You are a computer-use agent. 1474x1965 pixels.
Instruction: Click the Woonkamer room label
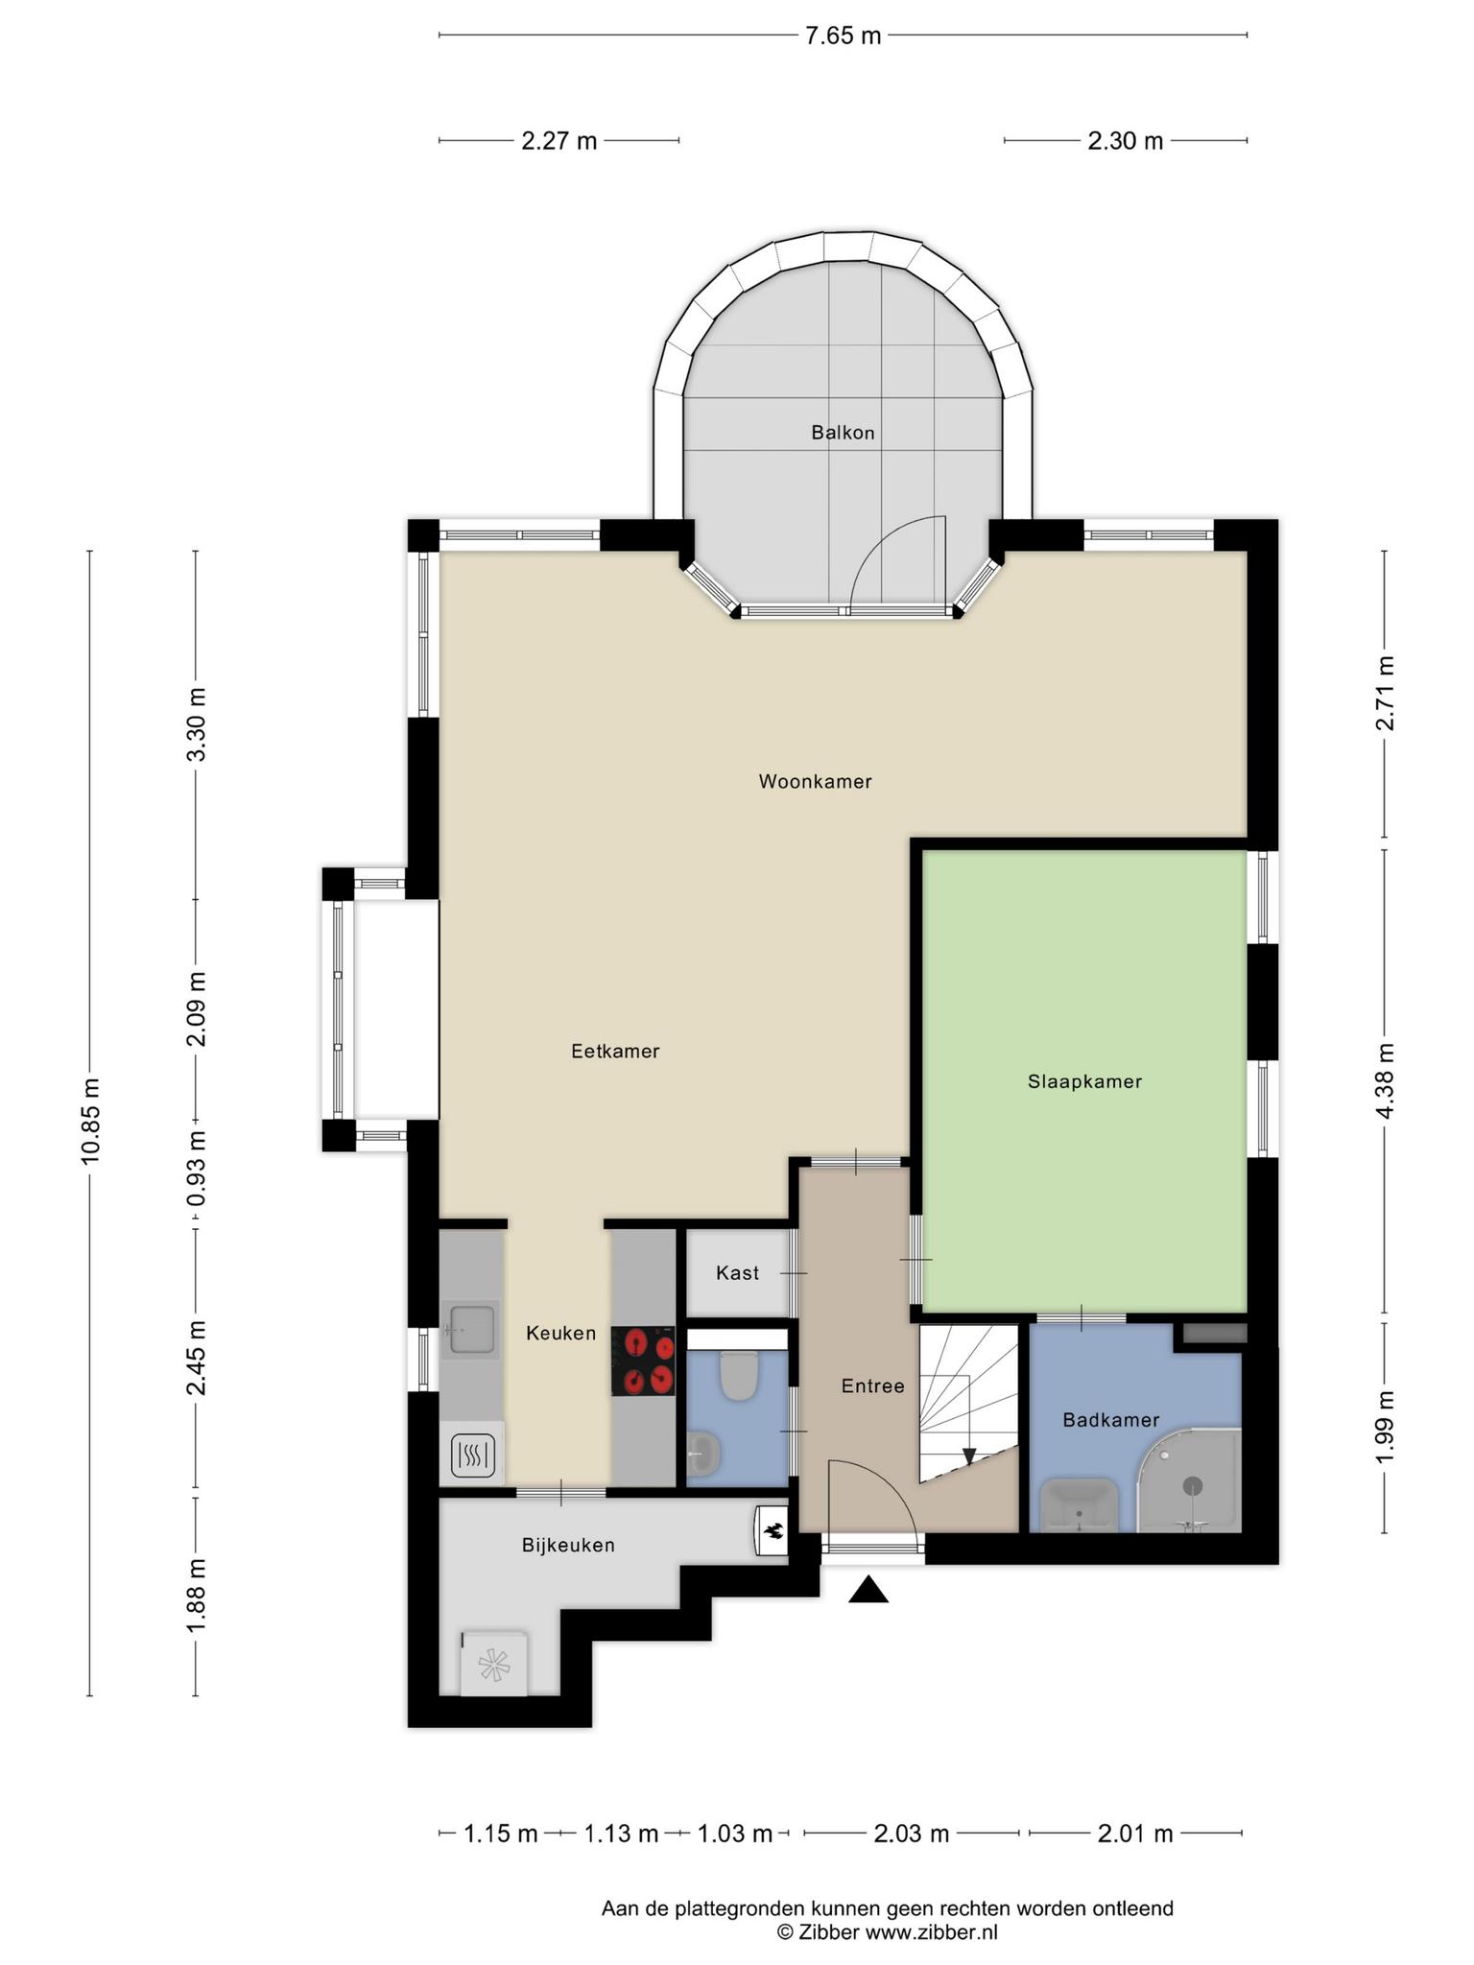(x=815, y=782)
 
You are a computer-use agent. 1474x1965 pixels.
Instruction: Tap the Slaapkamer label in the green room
(x=1084, y=1082)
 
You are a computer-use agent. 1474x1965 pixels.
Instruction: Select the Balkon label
(x=843, y=433)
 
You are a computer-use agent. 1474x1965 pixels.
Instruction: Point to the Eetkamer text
(x=615, y=1052)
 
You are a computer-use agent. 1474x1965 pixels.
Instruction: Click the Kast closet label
(x=737, y=1273)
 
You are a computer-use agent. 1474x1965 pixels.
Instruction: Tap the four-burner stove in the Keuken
(x=643, y=1361)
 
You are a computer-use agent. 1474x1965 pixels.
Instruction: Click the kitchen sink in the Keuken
(x=470, y=1330)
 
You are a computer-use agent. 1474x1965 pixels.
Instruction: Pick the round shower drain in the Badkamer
(x=1193, y=1486)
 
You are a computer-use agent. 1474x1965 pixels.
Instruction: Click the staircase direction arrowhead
(x=969, y=1456)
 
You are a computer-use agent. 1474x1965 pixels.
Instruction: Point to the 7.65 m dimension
(x=843, y=36)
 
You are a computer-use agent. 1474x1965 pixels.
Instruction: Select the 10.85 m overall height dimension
(x=90, y=1121)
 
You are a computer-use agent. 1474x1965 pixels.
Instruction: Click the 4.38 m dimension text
(x=1384, y=1080)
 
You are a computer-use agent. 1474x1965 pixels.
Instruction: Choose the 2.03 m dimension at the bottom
(x=911, y=1835)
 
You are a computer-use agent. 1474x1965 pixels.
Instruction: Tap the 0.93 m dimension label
(x=196, y=1169)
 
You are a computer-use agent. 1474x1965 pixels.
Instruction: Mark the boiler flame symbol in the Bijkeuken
(x=772, y=1529)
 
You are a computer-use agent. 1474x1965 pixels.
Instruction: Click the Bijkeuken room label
(x=568, y=1545)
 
